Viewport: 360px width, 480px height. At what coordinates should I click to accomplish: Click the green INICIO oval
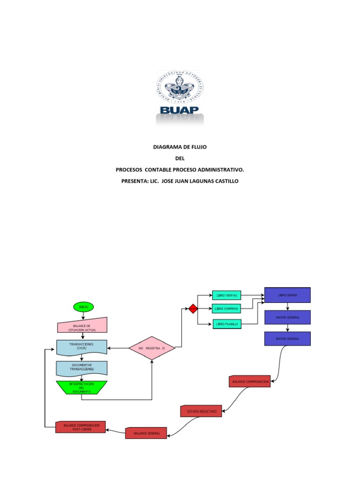pyautogui.click(x=83, y=307)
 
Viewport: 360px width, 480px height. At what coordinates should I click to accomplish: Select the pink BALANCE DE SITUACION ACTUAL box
pyautogui.click(x=82, y=327)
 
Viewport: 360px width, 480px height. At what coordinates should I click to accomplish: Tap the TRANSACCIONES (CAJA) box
pyautogui.click(x=82, y=347)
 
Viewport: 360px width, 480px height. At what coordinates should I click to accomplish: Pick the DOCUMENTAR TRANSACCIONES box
pyautogui.click(x=82, y=368)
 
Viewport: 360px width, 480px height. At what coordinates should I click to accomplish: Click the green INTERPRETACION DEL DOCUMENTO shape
pyautogui.click(x=82, y=387)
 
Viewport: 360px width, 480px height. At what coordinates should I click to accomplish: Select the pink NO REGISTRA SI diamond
pyautogui.click(x=152, y=348)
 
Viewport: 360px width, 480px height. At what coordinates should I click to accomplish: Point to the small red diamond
pyautogui.click(x=193, y=308)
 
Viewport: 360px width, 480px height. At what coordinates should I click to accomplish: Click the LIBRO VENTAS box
pyautogui.click(x=226, y=295)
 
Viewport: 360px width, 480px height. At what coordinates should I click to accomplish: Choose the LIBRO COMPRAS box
pyautogui.click(x=226, y=309)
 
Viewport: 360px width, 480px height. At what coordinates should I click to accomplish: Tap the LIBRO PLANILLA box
pyautogui.click(x=226, y=323)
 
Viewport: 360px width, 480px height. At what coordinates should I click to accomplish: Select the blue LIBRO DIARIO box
pyautogui.click(x=287, y=295)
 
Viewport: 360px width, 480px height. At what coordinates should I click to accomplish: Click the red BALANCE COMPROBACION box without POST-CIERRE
pyautogui.click(x=250, y=382)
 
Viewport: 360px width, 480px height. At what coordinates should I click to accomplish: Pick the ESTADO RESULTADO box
pyautogui.click(x=202, y=411)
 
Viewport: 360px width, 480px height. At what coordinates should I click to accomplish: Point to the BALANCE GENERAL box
pyautogui.click(x=146, y=433)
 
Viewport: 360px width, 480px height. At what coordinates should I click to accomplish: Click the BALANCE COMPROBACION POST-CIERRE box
pyautogui.click(x=80, y=427)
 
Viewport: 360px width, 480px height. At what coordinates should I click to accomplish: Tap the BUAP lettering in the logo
pyautogui.click(x=180, y=110)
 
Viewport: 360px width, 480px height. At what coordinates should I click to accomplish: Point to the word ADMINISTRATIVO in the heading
pyautogui.click(x=220, y=170)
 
